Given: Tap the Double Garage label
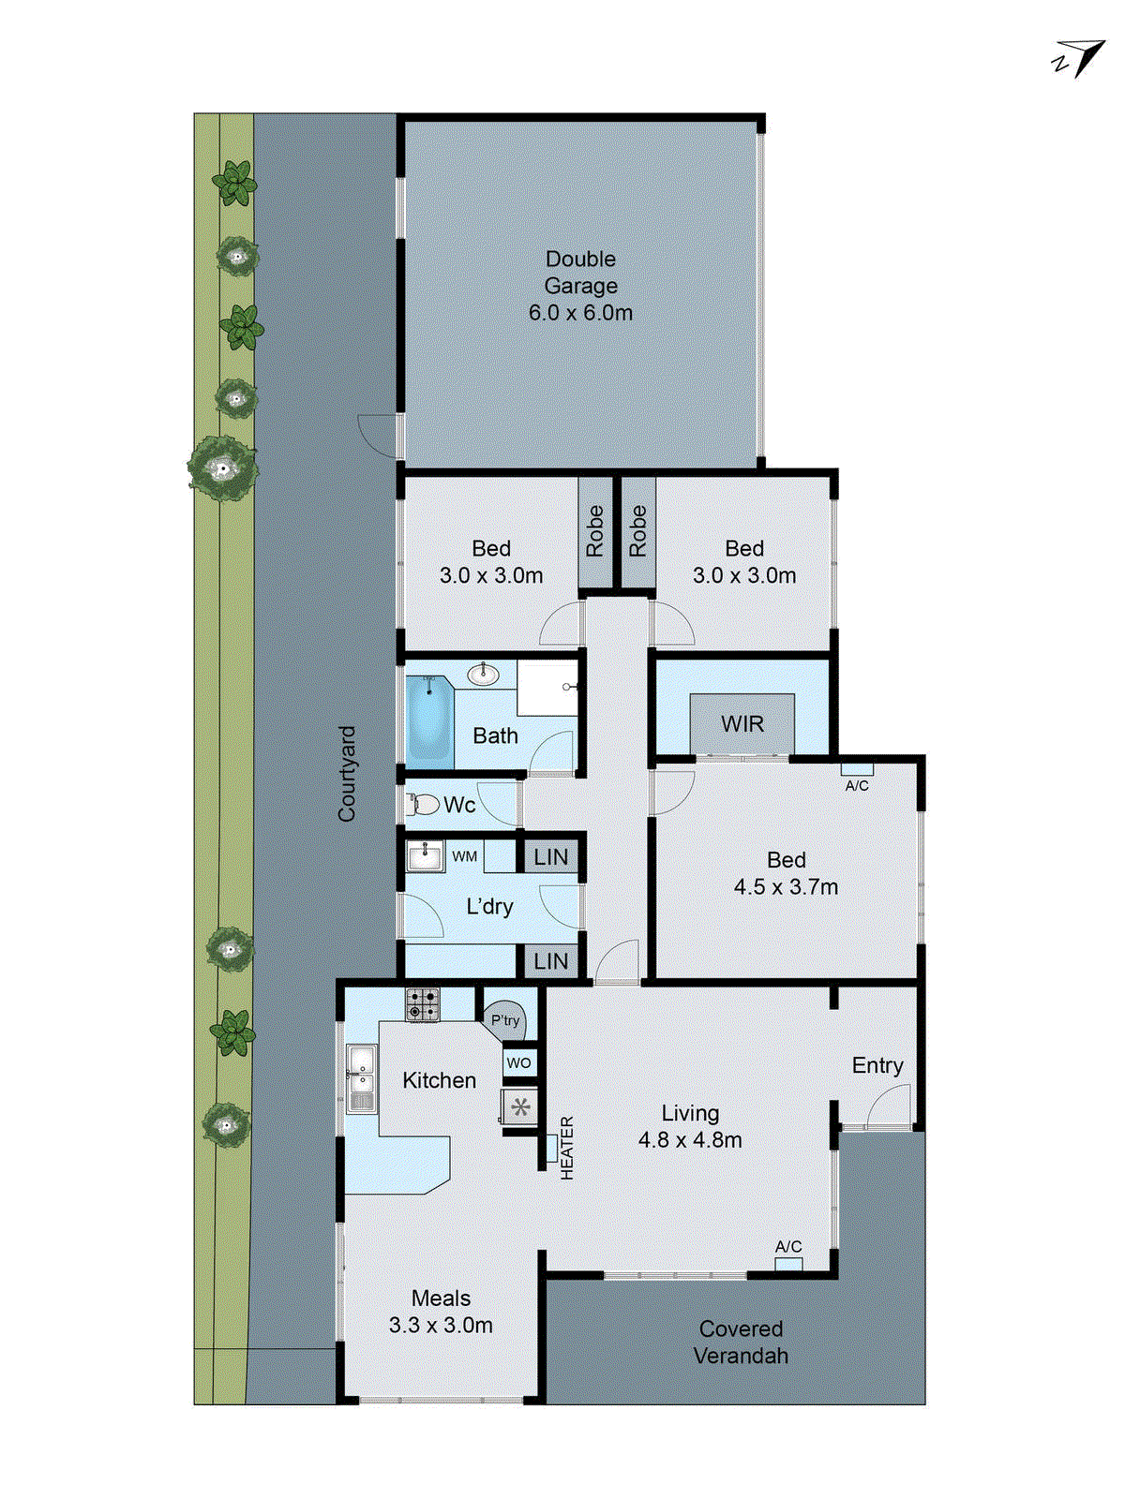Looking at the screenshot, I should coord(580,272).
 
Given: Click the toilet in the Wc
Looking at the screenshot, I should coord(424,804).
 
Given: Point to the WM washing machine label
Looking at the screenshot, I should coord(465,856).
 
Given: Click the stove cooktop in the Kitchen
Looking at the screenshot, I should coord(422,1005).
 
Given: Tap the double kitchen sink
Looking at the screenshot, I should coord(361,1078).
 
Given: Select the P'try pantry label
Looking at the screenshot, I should coord(505,1020).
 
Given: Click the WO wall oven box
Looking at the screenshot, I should coord(518,1062).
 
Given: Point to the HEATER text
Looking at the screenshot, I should coord(566,1147).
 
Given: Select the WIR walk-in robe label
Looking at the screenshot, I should coord(742,724).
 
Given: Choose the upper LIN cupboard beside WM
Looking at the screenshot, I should coord(550,856).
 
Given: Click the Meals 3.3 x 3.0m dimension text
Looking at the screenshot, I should coord(441,1325).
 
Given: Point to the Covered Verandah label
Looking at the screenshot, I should coord(741,1342).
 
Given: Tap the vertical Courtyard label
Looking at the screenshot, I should coord(347,774).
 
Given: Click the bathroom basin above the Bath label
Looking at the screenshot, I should coord(483,673).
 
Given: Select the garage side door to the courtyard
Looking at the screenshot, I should coord(378,437).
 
